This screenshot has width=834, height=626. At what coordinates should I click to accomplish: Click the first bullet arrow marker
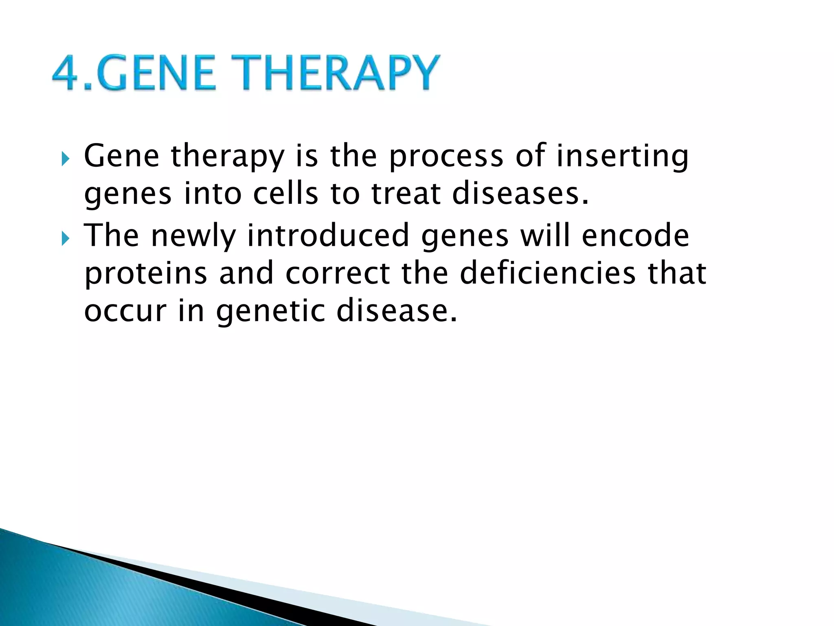pos(65,159)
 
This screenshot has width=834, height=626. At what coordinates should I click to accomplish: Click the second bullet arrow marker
pos(65,238)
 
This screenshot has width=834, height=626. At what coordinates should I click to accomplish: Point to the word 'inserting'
pos(622,157)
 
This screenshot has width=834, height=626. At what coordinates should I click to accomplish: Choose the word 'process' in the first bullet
pos(446,157)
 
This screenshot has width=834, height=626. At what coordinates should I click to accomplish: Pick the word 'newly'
pos(194,236)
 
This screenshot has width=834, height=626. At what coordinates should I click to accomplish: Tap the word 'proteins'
pos(146,274)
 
